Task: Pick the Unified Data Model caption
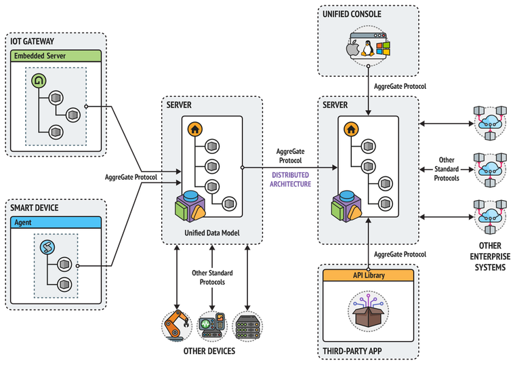coord(211,233)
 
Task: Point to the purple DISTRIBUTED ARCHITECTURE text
coord(291,179)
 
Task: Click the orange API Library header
coord(369,275)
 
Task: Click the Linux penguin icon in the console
coord(368,47)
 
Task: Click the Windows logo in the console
coord(384,48)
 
